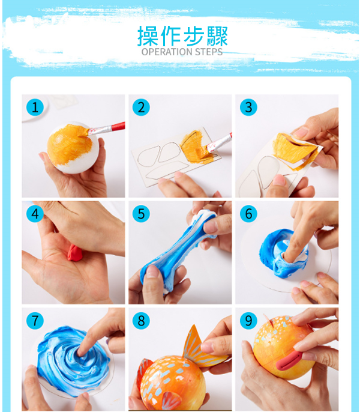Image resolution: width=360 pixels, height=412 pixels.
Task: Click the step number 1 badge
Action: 35,107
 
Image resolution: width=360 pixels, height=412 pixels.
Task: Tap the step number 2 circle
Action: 141,107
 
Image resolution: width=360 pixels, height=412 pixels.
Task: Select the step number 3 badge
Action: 248,107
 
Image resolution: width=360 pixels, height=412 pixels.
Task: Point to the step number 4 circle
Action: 35,214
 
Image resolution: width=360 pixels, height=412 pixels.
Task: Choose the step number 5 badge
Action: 141,214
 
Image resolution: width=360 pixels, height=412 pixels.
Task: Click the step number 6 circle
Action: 248,214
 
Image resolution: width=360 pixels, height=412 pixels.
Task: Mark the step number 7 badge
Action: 35,321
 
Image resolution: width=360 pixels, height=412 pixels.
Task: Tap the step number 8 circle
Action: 141,321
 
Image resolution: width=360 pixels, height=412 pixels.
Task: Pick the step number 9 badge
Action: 248,321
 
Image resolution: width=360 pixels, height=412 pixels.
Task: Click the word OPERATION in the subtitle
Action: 164,52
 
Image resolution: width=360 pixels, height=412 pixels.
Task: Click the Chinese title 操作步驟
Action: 182,36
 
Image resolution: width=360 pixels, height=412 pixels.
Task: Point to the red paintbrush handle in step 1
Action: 118,126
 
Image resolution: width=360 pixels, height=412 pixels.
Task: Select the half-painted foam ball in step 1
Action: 73,147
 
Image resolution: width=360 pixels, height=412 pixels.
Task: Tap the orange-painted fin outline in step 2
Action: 196,147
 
